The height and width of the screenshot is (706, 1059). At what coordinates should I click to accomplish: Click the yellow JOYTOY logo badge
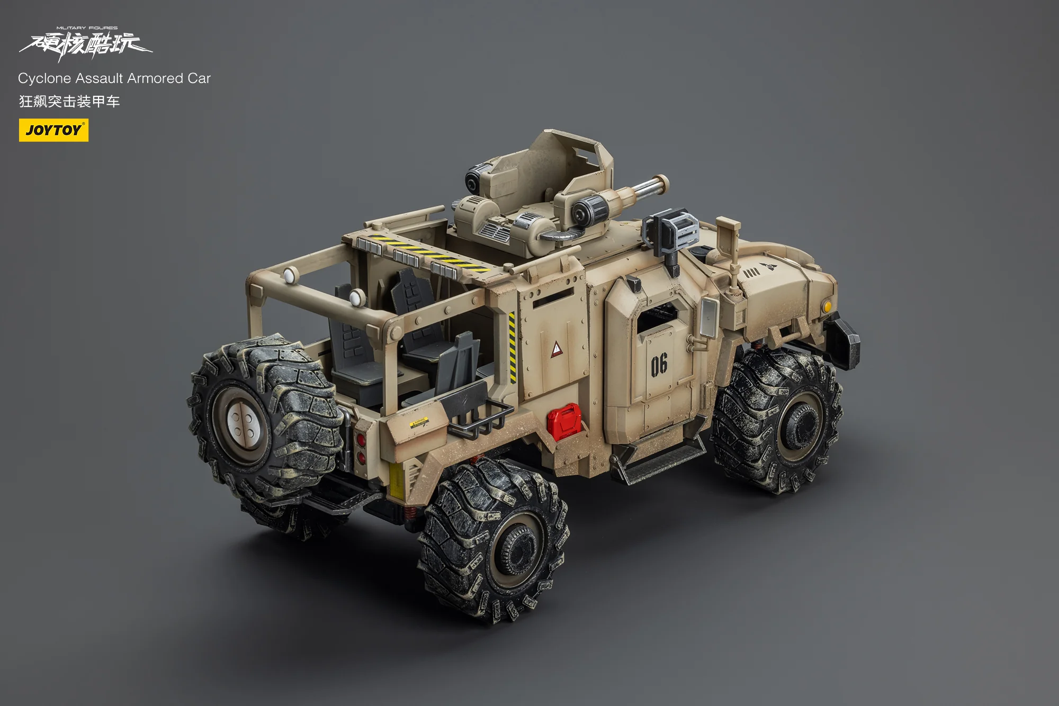click(53, 130)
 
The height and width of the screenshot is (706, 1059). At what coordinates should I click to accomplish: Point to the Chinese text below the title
click(69, 101)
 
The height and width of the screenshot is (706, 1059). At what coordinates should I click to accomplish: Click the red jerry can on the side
click(563, 421)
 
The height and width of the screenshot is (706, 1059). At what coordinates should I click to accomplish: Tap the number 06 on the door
click(659, 365)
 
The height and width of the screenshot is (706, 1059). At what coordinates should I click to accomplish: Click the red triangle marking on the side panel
click(557, 349)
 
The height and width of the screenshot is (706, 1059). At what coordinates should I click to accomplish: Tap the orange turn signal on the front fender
click(827, 306)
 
